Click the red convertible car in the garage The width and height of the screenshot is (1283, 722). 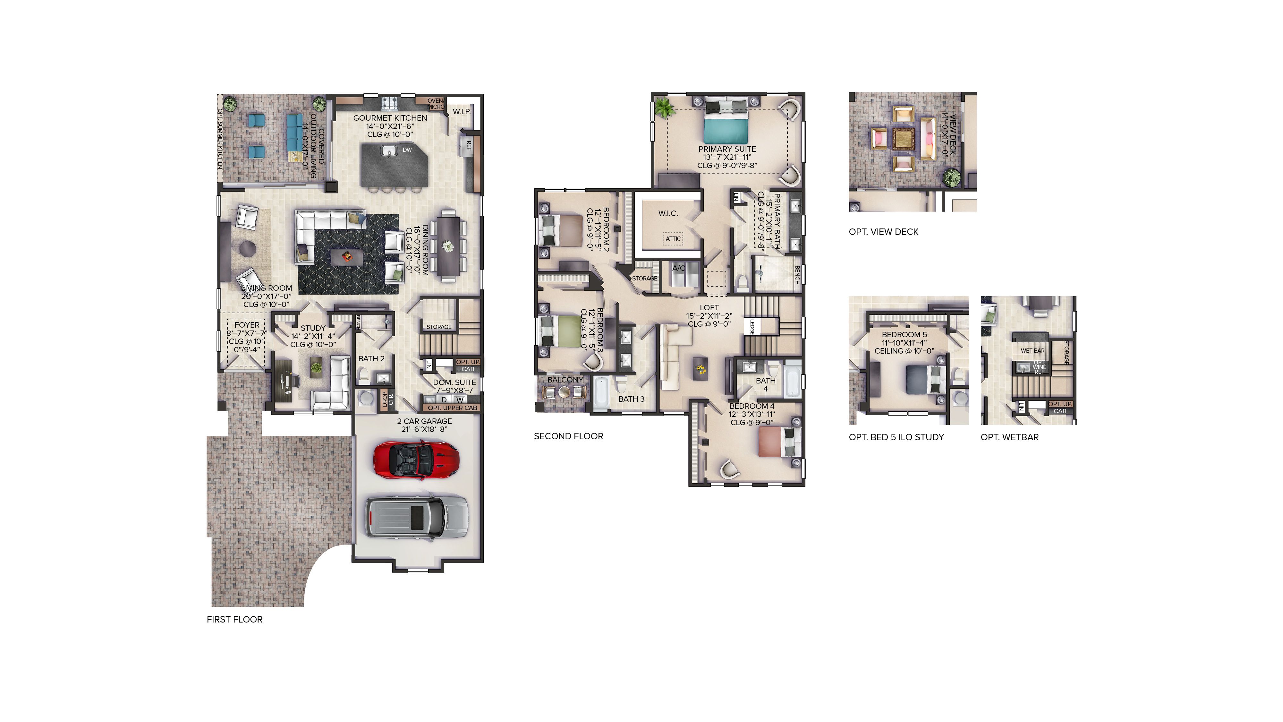click(x=416, y=460)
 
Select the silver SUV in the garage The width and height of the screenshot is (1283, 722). click(x=417, y=517)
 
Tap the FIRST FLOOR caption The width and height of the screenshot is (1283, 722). click(x=234, y=619)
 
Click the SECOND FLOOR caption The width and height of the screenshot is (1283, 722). click(x=568, y=436)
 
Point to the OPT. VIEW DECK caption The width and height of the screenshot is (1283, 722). click(x=883, y=232)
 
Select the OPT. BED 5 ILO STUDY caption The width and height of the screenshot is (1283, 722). click(x=896, y=437)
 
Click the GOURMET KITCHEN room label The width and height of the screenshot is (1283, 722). click(x=390, y=118)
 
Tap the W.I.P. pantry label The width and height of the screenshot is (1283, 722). click(x=461, y=112)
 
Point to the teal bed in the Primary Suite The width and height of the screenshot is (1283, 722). click(x=726, y=129)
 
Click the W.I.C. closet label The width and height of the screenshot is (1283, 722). click(x=668, y=213)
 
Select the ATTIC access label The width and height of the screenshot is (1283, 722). click(x=673, y=239)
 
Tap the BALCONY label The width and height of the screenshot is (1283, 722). click(x=565, y=380)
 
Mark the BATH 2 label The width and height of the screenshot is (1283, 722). click(x=371, y=359)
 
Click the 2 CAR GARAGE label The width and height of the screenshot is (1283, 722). click(x=424, y=421)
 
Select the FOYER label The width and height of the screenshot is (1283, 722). click(x=247, y=325)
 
